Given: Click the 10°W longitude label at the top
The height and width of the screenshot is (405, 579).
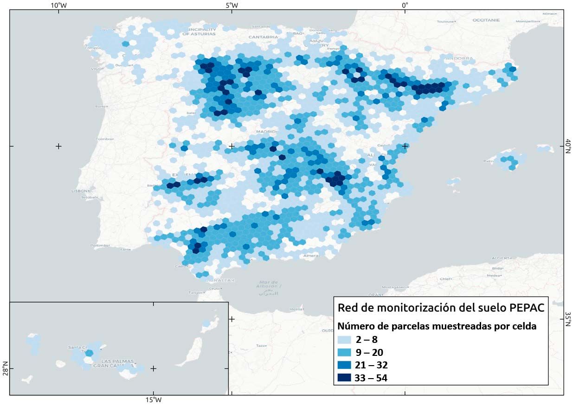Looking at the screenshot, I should point(58,5).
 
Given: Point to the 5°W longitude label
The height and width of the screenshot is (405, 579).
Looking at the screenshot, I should point(232,5).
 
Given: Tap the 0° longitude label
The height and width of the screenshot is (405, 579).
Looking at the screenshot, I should point(405,5).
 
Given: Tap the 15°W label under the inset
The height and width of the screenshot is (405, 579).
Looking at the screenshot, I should point(154,400).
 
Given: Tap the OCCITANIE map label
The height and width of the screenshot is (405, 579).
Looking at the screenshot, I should point(486,20).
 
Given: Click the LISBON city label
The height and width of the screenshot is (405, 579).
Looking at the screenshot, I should point(80,191).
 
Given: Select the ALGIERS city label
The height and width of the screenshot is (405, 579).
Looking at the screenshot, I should point(501,258).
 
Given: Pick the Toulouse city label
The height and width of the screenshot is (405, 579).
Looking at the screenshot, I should point(445,21).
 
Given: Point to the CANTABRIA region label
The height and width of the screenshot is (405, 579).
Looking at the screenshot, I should point(263,37).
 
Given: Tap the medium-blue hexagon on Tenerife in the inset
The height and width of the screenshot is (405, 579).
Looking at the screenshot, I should point(89,353).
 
